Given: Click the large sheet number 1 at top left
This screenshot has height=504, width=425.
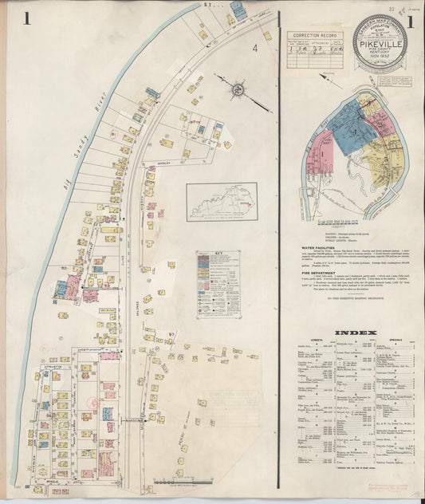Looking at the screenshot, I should [27, 18].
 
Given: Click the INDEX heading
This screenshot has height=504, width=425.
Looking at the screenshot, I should [351, 331].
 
